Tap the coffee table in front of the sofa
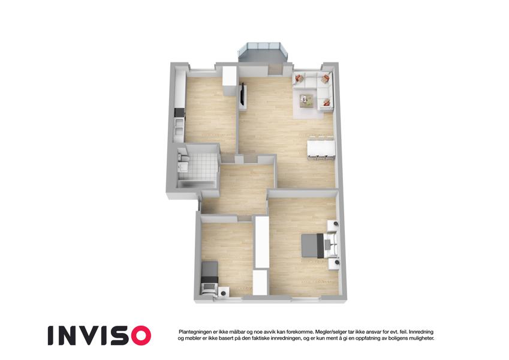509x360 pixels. pyautogui.click(x=307, y=100)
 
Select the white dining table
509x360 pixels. pyautogui.click(x=321, y=149)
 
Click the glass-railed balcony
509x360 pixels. pyautogui.click(x=263, y=53)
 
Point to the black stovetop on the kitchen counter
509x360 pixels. pyautogui.click(x=179, y=113)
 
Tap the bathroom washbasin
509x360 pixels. pyautogui.click(x=182, y=167)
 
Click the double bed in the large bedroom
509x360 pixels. pyautogui.click(x=320, y=245)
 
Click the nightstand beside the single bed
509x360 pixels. pyautogui.click(x=224, y=292)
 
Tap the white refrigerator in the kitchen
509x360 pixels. pyautogui.click(x=229, y=80)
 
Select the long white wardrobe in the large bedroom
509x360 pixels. pyautogui.click(x=262, y=242)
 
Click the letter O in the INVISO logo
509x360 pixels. pyautogui.click(x=139, y=335)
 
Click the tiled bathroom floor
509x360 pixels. pyautogui.click(x=198, y=166)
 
